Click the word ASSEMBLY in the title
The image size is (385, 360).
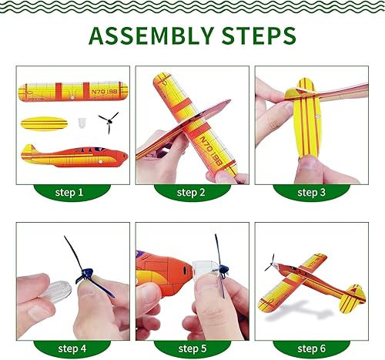click(x=152, y=35)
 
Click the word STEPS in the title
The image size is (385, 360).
click(x=259, y=35)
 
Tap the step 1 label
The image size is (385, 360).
click(x=69, y=193)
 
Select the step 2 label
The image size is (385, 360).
click(x=191, y=193)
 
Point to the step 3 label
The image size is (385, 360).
click(x=311, y=193)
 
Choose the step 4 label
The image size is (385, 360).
click(x=72, y=348)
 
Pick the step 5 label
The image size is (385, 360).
click(x=192, y=348)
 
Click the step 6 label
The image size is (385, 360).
click(x=311, y=348)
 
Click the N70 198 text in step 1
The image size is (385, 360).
click(x=104, y=92)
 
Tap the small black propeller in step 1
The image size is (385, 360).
click(x=109, y=122)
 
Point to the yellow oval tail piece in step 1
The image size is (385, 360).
click(x=44, y=124)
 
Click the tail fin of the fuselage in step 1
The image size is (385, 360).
click(x=29, y=150)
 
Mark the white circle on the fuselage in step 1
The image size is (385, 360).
click(x=100, y=162)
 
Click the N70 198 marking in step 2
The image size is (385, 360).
click(x=211, y=150)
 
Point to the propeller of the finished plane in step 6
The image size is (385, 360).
click(x=270, y=263)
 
